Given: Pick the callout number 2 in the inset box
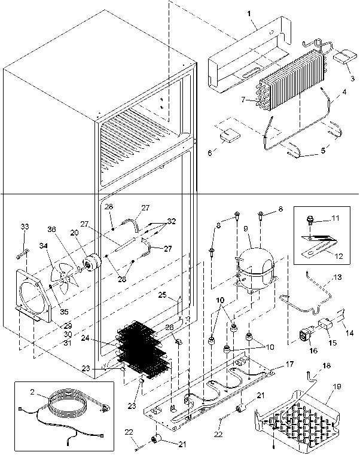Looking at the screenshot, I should (x=32, y=392).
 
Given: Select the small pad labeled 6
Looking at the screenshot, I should (x=228, y=137).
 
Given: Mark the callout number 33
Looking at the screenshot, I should (x=24, y=228).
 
